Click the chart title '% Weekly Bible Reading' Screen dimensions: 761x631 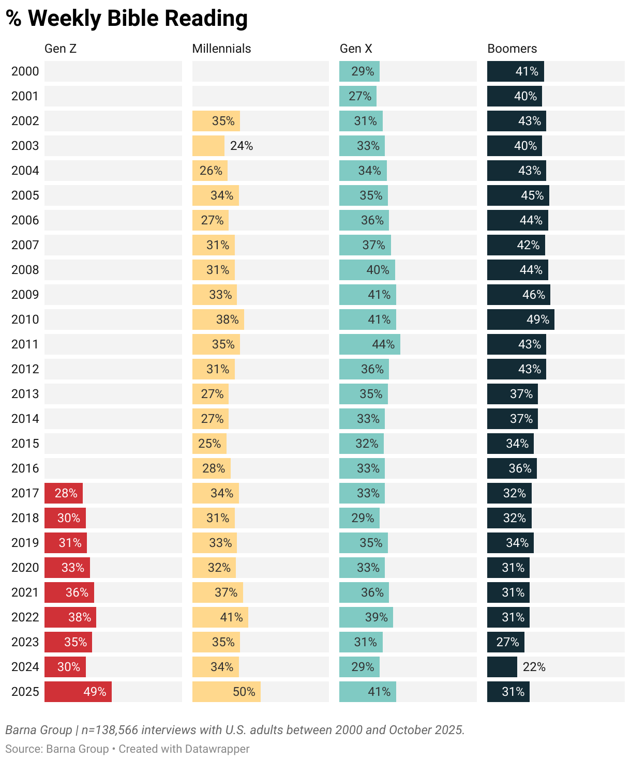(x=127, y=19)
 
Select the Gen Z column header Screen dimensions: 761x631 (x=61, y=49)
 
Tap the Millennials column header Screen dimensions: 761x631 (x=221, y=49)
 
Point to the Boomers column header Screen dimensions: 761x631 (x=512, y=49)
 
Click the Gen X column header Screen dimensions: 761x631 (x=356, y=49)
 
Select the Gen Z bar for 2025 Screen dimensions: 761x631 (x=78, y=692)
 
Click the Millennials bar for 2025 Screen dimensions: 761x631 (x=226, y=692)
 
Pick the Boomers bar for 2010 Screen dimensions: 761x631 (x=520, y=319)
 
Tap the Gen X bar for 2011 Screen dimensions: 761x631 (x=369, y=344)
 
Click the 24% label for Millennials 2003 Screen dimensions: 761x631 (x=242, y=146)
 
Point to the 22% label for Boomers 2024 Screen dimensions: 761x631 (x=534, y=667)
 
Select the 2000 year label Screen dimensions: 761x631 (x=25, y=71)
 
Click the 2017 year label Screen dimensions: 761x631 (x=25, y=493)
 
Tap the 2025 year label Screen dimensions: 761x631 (x=25, y=692)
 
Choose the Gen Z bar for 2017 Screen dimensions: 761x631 (x=63, y=493)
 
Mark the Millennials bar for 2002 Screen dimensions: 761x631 (x=216, y=121)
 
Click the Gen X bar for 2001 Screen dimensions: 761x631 (x=357, y=96)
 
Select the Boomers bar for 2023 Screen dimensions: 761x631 (x=505, y=642)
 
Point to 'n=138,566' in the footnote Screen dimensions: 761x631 (x=110, y=730)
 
